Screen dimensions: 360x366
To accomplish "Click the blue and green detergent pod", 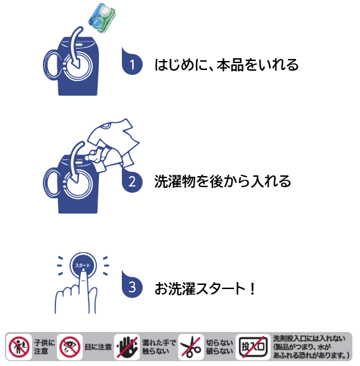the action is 102,18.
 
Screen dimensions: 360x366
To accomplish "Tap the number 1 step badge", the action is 132,62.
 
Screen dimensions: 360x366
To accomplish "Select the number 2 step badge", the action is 132,180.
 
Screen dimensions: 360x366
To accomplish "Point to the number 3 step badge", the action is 132,285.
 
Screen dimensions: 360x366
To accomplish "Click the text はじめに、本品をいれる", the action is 226,64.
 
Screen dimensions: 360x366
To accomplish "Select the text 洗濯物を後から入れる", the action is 223,181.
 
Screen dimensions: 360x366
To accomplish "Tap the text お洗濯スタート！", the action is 205,288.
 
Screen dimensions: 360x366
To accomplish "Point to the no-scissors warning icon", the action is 190,347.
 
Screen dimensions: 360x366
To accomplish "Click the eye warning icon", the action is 70,347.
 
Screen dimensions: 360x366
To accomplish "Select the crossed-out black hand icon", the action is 127,347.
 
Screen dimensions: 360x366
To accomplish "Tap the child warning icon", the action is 19,347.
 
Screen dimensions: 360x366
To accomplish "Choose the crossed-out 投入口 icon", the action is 253,347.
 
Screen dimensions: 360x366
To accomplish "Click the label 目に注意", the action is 98,347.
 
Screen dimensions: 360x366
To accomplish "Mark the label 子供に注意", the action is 44,347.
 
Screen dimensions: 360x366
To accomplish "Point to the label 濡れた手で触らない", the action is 159,347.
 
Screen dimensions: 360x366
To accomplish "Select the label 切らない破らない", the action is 219,347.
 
